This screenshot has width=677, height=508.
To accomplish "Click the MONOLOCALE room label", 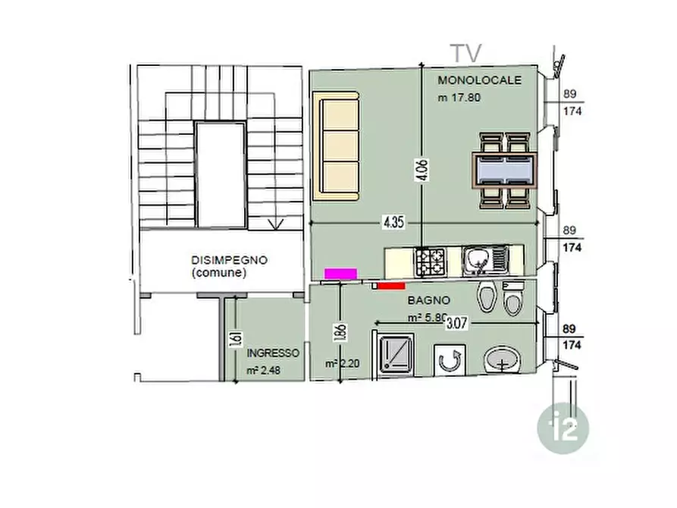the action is point(479,80).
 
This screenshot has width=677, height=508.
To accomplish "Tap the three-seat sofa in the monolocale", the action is point(337,146).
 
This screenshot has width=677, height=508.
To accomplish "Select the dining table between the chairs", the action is point(505,171).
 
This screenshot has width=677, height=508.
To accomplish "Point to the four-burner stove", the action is point(430,262).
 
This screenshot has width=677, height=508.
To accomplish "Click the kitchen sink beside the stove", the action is point(485,261).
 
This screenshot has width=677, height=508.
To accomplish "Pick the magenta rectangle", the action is point(340,274).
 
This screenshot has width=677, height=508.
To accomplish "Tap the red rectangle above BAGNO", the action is point(391,286).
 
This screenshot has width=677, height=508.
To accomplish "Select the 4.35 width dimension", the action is point(393,222).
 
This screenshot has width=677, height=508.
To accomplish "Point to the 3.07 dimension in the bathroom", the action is point(457,323).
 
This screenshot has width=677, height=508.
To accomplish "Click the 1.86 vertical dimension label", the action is point(340,333).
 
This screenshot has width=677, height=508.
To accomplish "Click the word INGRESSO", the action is point(273,353).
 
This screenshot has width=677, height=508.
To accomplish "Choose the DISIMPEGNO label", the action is point(229,260).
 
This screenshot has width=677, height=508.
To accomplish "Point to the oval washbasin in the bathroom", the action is point(503,360).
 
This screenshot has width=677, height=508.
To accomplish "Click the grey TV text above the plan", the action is point(466,54).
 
